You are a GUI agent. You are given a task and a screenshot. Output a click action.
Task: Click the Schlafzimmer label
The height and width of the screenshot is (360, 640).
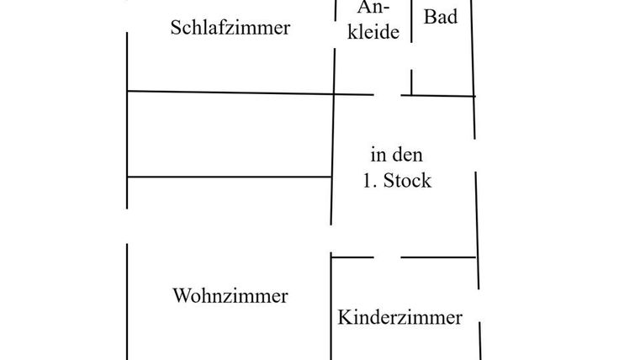point(230,28)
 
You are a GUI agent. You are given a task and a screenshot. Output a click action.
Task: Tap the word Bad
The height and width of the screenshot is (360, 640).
point(441,17)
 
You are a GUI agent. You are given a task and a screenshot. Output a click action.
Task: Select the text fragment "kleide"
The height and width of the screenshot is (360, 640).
point(373,36)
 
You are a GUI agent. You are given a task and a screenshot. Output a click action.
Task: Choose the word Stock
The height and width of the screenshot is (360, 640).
point(408,181)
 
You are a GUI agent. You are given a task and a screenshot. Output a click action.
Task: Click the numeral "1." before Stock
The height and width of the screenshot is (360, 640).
point(370,181)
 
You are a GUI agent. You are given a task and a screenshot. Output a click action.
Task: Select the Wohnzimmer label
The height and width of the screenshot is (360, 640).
point(230,296)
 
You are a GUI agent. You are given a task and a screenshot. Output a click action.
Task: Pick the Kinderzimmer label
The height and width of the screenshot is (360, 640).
point(399,318)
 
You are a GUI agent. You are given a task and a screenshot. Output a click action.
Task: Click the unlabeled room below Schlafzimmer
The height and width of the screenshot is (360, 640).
point(230,135)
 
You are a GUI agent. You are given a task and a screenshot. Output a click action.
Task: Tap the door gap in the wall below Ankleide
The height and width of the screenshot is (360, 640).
point(388,95)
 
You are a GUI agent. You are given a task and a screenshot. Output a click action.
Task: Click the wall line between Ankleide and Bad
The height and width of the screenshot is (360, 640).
point(411,34)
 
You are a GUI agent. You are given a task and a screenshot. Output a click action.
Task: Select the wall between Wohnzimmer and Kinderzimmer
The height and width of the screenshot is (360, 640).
point(331,311)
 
